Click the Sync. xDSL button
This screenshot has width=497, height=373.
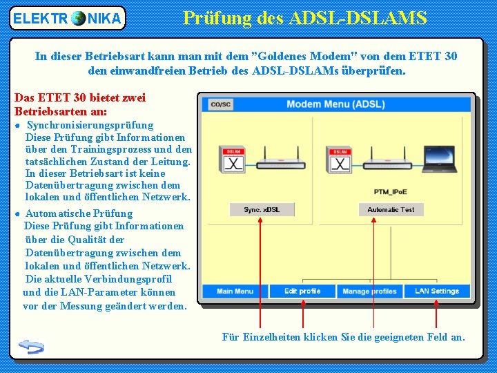tap(262, 209)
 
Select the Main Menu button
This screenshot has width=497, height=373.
tap(235, 291)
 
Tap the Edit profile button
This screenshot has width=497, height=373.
tap(302, 291)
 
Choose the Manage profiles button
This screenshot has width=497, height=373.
tap(370, 291)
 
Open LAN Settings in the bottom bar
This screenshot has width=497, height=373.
tap(436, 291)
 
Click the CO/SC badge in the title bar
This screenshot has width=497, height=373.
tap(220, 104)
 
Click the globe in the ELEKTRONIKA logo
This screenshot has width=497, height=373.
tap(79, 19)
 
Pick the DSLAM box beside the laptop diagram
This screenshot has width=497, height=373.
tap(340, 160)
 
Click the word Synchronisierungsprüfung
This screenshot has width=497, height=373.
tap(90, 125)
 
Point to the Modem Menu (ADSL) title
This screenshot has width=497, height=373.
tap(335, 104)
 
